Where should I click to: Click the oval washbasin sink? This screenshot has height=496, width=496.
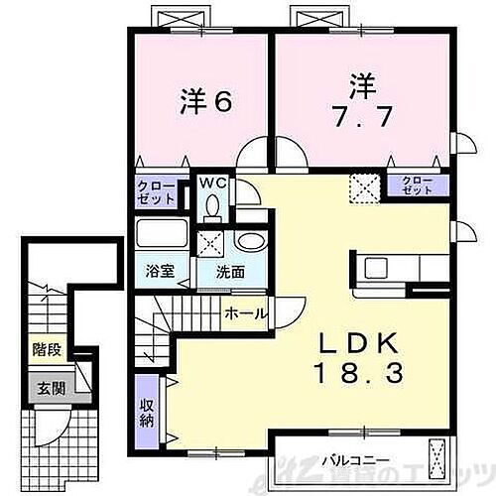(248, 244)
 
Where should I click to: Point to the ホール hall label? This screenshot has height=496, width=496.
(243, 313)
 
